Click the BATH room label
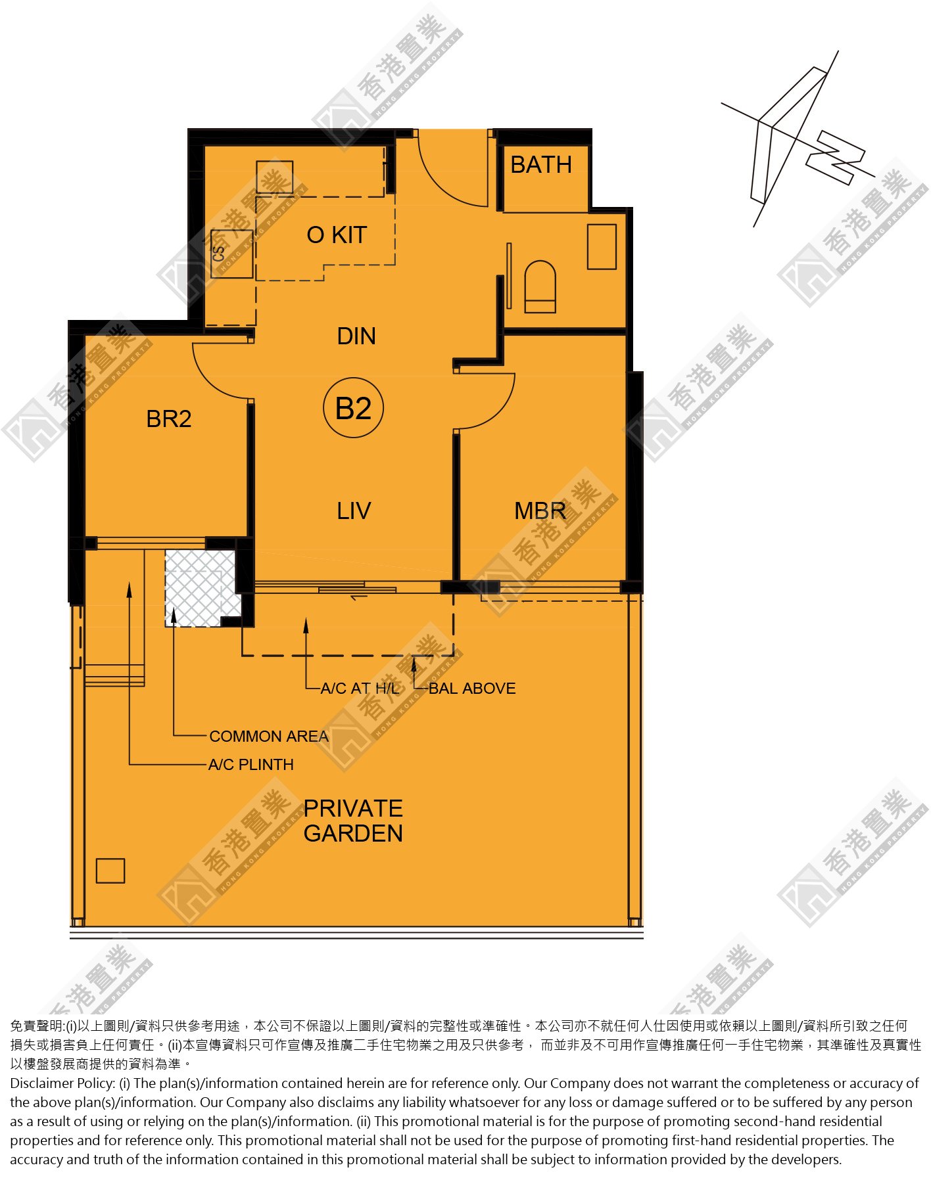coord(541,164)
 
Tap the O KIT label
coord(337,235)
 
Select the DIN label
coord(356,336)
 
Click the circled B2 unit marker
coord(354,408)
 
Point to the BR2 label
coord(169,419)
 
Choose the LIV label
coord(354,510)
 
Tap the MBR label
coord(540,510)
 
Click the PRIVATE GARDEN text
coord(353,821)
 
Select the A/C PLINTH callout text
coord(251,764)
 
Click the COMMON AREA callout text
coord(269,736)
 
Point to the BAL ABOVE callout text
coord(472,688)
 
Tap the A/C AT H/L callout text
coord(360,688)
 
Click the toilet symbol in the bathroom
coord(540,286)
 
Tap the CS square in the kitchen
coord(231,254)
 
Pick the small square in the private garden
coord(110,871)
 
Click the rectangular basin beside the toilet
coord(602,246)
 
